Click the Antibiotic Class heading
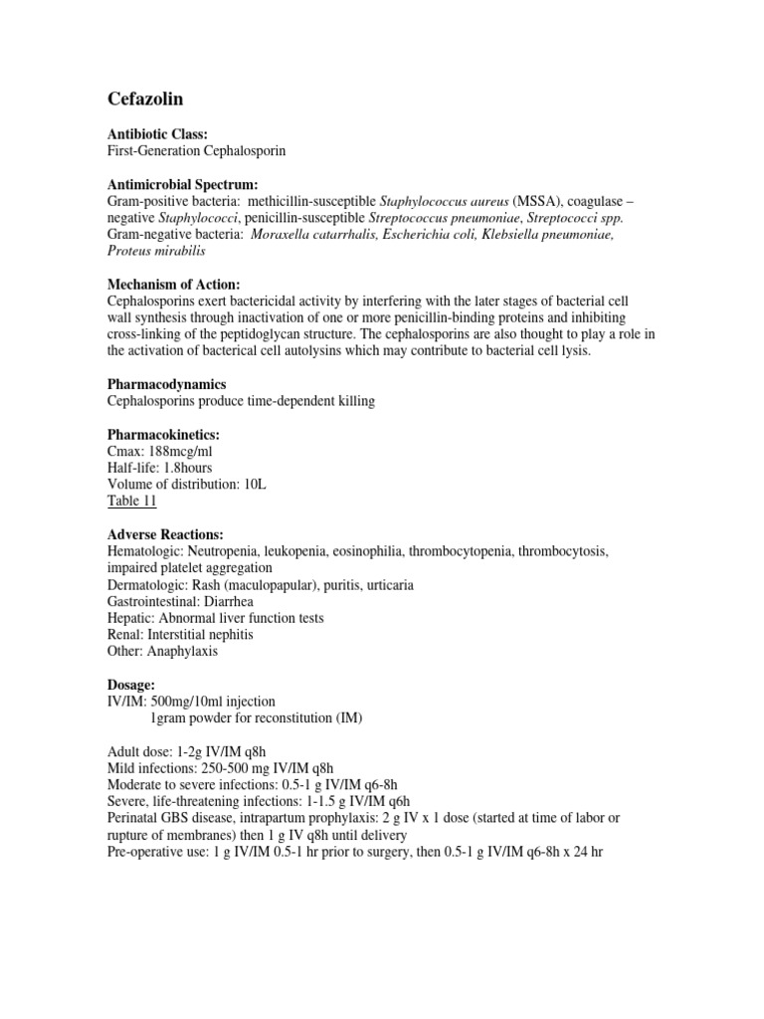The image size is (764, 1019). pos(157,133)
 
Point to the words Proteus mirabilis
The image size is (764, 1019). pos(156,251)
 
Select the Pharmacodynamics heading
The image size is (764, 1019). pos(166,384)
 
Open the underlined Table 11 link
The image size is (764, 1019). pos(131,502)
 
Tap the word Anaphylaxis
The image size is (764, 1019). pos(182,651)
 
